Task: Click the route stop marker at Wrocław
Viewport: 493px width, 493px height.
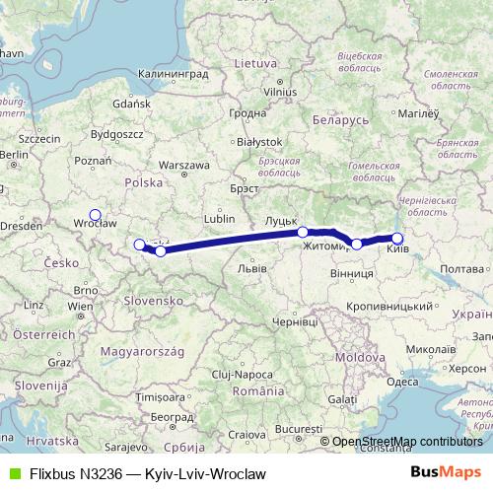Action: point(95,215)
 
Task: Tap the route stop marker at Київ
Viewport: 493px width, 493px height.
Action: point(397,238)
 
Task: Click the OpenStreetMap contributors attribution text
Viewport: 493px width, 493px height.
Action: point(407,442)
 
